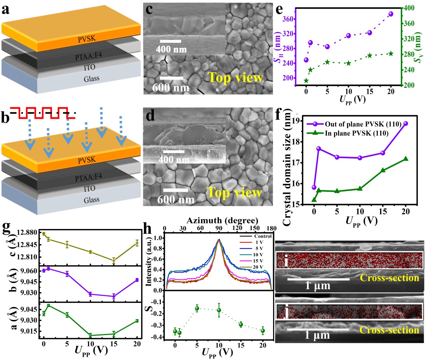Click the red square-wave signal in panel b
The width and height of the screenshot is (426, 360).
coord(43,112)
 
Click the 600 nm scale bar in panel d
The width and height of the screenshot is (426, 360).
coord(175,189)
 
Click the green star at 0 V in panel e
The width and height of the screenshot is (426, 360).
coord(306,81)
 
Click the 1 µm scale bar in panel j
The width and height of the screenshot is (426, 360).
coord(318,329)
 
